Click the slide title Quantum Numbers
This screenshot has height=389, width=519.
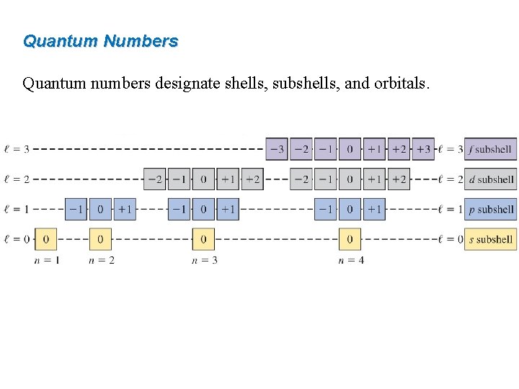tap(100, 41)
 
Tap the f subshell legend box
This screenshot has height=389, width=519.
tap(490, 149)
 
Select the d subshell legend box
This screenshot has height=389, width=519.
tap(490, 179)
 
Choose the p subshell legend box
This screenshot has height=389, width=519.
tap(490, 210)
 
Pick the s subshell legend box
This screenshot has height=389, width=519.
tap(490, 239)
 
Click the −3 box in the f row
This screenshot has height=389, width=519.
tap(277, 149)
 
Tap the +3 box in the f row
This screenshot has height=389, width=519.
tap(423, 149)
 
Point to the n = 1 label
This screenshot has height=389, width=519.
tap(47, 260)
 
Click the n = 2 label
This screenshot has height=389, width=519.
tap(101, 260)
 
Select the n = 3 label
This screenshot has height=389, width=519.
tap(204, 260)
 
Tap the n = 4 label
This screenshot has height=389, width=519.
tap(350, 260)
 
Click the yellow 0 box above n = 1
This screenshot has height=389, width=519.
tap(46, 239)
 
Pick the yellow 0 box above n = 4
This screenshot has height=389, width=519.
tap(350, 239)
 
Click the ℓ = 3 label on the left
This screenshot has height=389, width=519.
tap(17, 149)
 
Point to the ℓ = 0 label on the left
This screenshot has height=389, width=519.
tap(17, 239)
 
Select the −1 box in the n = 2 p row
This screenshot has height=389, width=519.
tap(76, 210)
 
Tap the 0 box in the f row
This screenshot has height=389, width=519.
tap(350, 149)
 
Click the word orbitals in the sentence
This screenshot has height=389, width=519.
tap(400, 84)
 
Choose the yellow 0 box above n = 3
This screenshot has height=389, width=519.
tap(203, 239)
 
